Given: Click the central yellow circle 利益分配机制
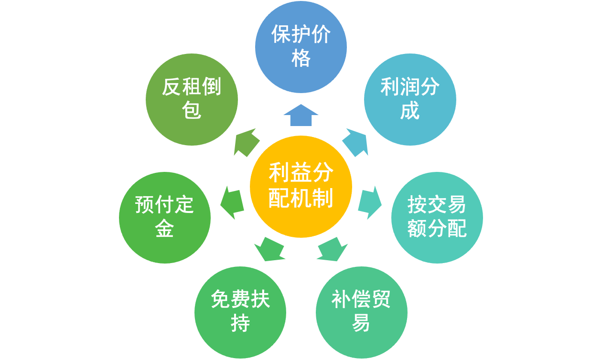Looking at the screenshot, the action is (301, 186).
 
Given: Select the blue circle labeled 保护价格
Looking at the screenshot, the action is (301, 47).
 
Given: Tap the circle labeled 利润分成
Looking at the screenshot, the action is (410, 99).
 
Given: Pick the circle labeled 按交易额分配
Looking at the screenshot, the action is (437, 217).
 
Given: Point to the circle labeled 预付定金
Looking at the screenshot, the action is (165, 217).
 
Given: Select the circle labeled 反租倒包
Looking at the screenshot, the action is (192, 99).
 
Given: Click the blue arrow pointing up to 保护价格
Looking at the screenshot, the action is (301, 116).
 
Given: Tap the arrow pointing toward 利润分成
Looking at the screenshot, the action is (356, 143).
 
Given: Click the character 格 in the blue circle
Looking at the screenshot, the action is (301, 59).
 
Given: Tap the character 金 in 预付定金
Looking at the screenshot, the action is (164, 229).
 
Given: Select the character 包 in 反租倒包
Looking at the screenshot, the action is (192, 111).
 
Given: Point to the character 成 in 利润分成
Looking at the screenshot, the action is (410, 111).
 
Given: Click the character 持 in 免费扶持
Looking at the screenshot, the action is (240, 324).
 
